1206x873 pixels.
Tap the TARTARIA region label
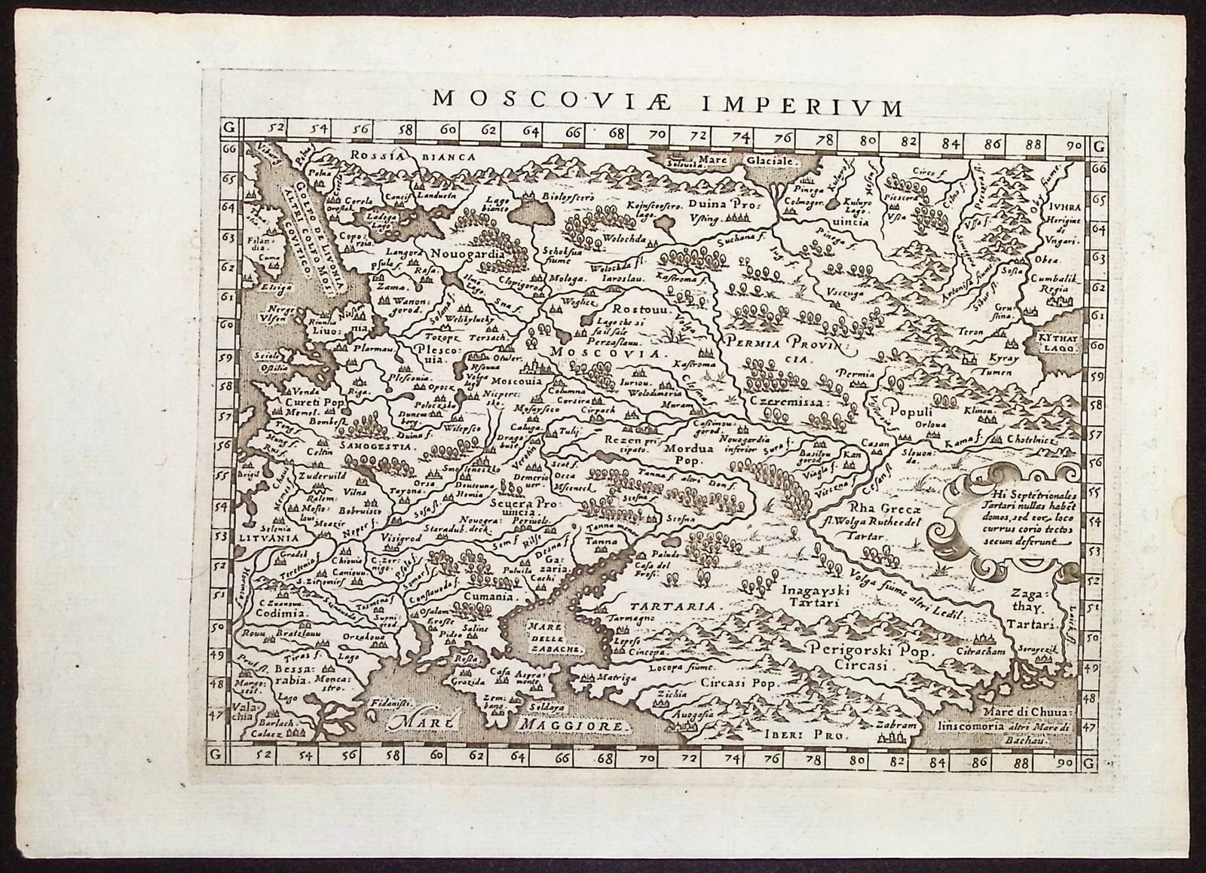[671, 606]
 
